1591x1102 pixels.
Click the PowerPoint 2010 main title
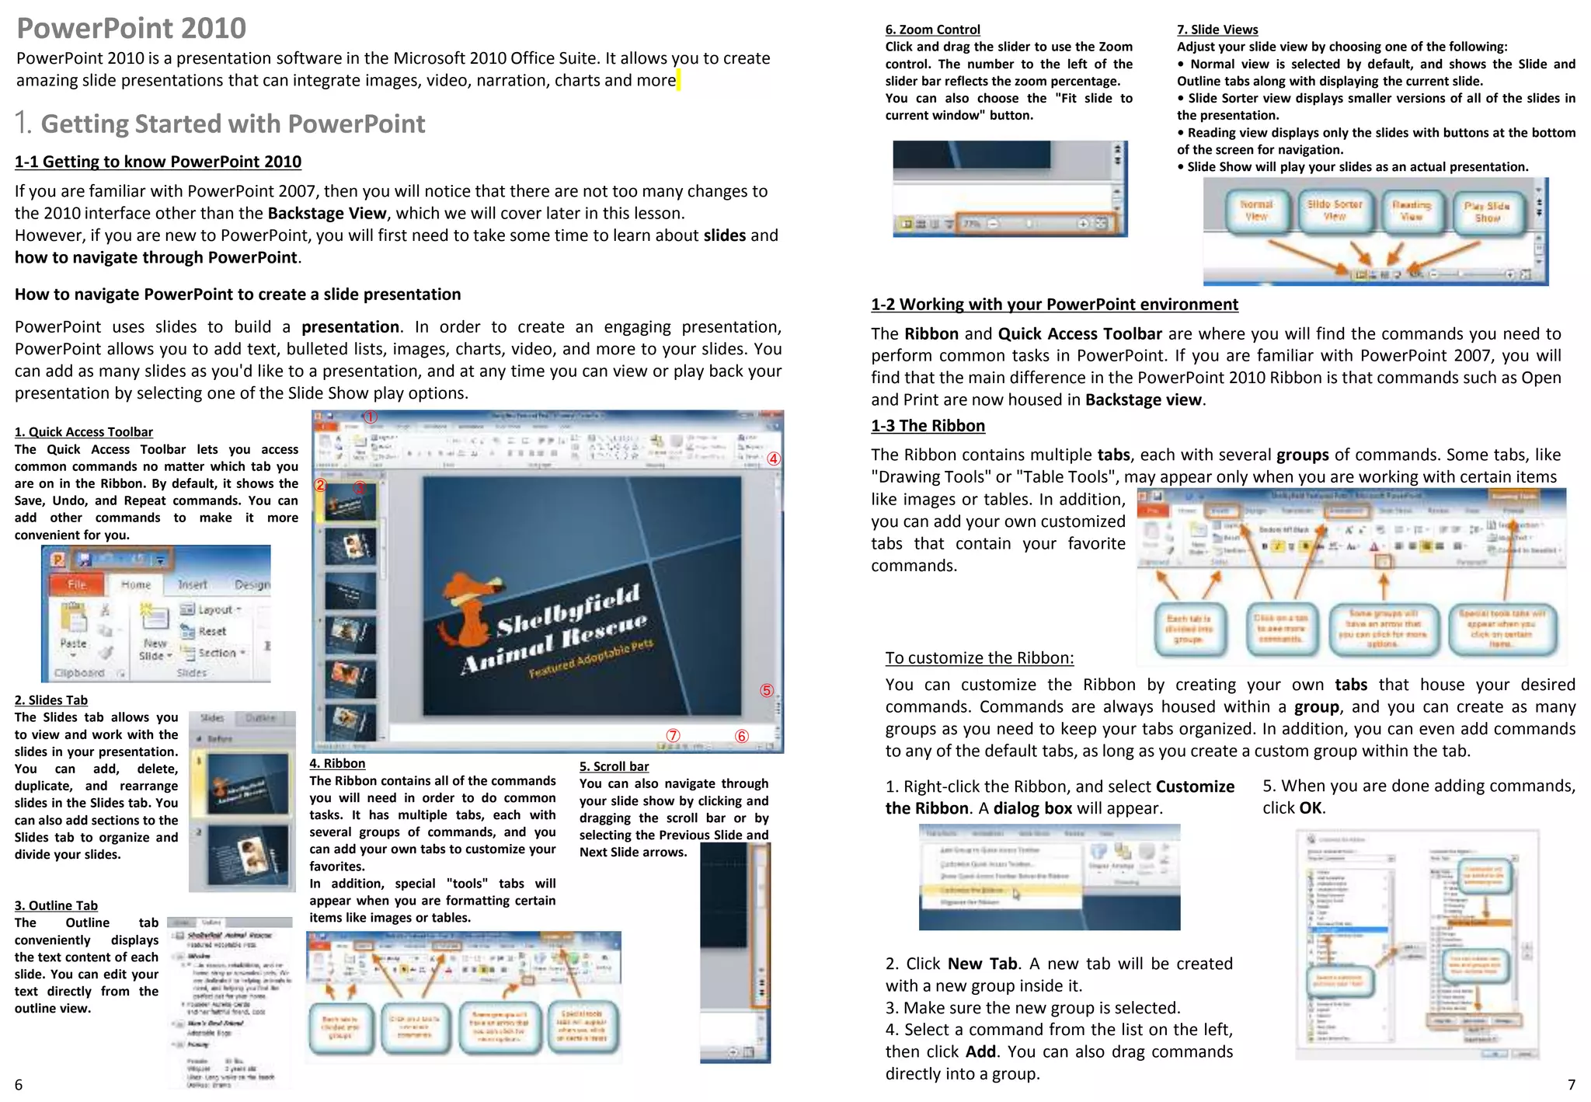pos(131,28)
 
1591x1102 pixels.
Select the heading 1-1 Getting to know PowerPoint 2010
pos(158,162)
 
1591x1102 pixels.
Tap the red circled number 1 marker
pos(371,417)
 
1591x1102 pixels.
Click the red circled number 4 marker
pos(773,459)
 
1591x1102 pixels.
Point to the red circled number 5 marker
pos(767,690)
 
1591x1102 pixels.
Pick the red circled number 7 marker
pos(673,735)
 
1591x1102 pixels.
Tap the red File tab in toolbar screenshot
pos(77,584)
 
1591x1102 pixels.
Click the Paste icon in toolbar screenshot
pos(74,626)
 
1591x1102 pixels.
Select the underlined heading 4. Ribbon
pos(337,763)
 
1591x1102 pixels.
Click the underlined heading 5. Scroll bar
pos(614,766)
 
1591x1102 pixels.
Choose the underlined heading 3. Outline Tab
pos(56,905)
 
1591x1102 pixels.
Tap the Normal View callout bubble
pos(1256,211)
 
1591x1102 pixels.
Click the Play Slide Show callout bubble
pos(1487,212)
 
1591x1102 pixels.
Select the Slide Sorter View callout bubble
pos(1335,211)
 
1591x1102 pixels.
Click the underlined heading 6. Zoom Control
pos(932,30)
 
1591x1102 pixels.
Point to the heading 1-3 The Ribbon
pos(928,426)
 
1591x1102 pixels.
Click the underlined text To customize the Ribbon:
pos(979,658)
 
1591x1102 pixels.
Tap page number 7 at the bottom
pos(1572,1084)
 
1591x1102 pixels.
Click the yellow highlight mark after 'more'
pos(678,80)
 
